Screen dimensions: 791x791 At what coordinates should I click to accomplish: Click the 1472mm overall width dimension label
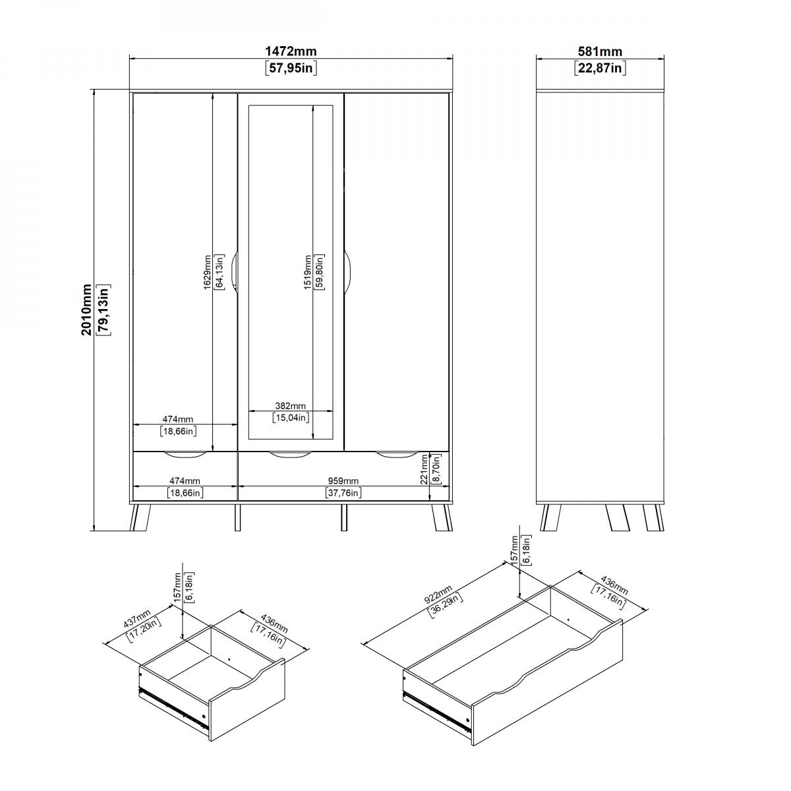tap(291, 51)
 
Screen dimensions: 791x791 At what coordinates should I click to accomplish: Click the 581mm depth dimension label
tap(600, 51)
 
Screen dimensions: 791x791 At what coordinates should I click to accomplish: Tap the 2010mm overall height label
tap(86, 310)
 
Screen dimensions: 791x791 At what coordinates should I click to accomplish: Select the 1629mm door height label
tap(207, 272)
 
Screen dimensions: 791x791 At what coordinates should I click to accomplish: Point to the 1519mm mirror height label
tap(307, 272)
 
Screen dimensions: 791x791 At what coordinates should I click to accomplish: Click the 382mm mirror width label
tap(290, 406)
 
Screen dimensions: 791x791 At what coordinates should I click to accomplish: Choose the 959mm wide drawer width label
tap(343, 481)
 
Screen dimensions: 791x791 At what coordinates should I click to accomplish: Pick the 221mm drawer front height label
tap(424, 469)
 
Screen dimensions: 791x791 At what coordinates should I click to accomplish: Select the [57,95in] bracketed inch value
tap(291, 68)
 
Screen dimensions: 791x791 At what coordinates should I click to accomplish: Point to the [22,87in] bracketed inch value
tap(600, 68)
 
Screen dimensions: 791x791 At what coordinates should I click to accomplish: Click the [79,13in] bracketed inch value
tap(103, 310)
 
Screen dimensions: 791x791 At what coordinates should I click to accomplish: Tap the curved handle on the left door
tap(234, 272)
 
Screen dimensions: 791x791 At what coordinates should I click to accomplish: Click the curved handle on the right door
tap(347, 272)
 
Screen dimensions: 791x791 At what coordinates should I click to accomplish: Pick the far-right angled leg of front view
tap(442, 517)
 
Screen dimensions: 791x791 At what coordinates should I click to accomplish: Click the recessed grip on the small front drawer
tap(185, 454)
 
